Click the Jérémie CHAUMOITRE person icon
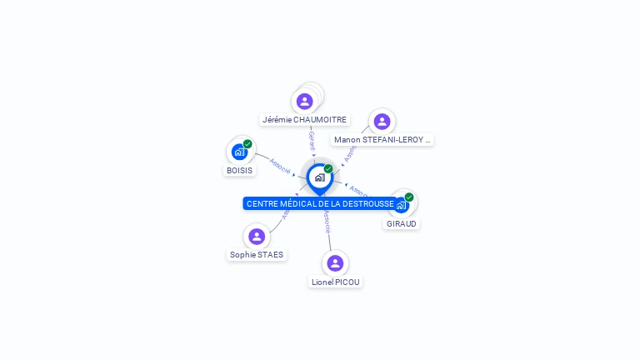click(304, 102)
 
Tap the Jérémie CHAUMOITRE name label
click(304, 120)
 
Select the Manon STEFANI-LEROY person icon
click(382, 122)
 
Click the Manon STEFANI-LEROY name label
click(381, 140)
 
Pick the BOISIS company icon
click(239, 152)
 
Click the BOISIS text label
click(239, 170)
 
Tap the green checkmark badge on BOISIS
click(247, 144)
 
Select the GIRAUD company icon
click(401, 205)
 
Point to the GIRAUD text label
click(402, 224)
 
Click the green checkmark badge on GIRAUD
click(409, 197)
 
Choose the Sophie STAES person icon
click(257, 237)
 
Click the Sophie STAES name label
click(257, 255)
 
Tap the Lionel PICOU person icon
click(335, 263)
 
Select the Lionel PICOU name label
click(336, 282)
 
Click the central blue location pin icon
click(319, 177)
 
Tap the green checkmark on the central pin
click(328, 168)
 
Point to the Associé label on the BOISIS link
click(280, 166)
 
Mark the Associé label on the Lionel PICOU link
click(327, 222)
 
